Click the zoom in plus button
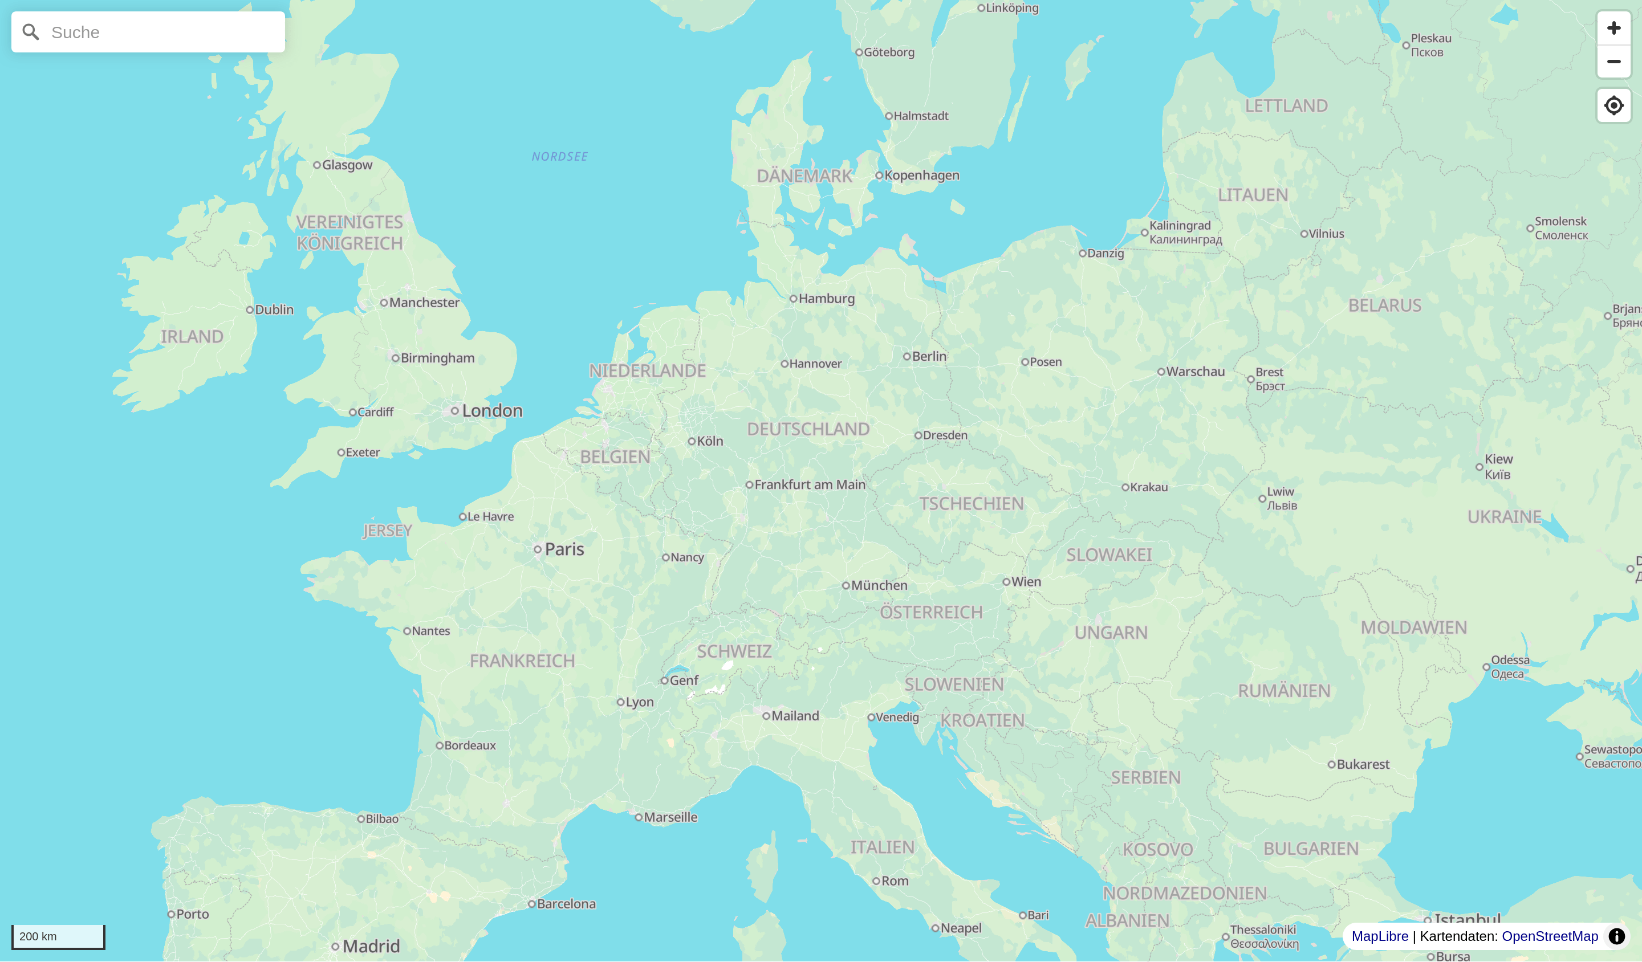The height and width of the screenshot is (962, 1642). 1613,28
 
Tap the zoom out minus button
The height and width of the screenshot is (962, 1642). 1613,62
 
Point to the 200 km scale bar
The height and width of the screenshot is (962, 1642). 58,936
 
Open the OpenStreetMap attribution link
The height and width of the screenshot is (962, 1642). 1550,936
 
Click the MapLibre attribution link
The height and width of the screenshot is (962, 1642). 1379,936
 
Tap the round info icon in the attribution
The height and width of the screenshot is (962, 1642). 1616,936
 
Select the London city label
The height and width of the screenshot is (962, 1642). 492,410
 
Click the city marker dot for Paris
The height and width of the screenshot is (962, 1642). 538,549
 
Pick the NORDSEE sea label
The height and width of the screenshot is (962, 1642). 560,156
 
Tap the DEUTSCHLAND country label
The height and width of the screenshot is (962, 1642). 808,429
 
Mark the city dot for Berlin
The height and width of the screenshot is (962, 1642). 907,356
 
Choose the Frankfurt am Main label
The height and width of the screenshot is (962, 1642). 809,484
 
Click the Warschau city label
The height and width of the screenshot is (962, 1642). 1195,371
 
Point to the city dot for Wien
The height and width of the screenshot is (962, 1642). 1006,582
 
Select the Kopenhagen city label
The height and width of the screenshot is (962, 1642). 921,175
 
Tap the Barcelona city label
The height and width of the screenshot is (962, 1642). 566,903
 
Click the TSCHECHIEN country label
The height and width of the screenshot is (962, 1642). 971,503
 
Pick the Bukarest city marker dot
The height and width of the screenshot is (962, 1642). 1331,764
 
